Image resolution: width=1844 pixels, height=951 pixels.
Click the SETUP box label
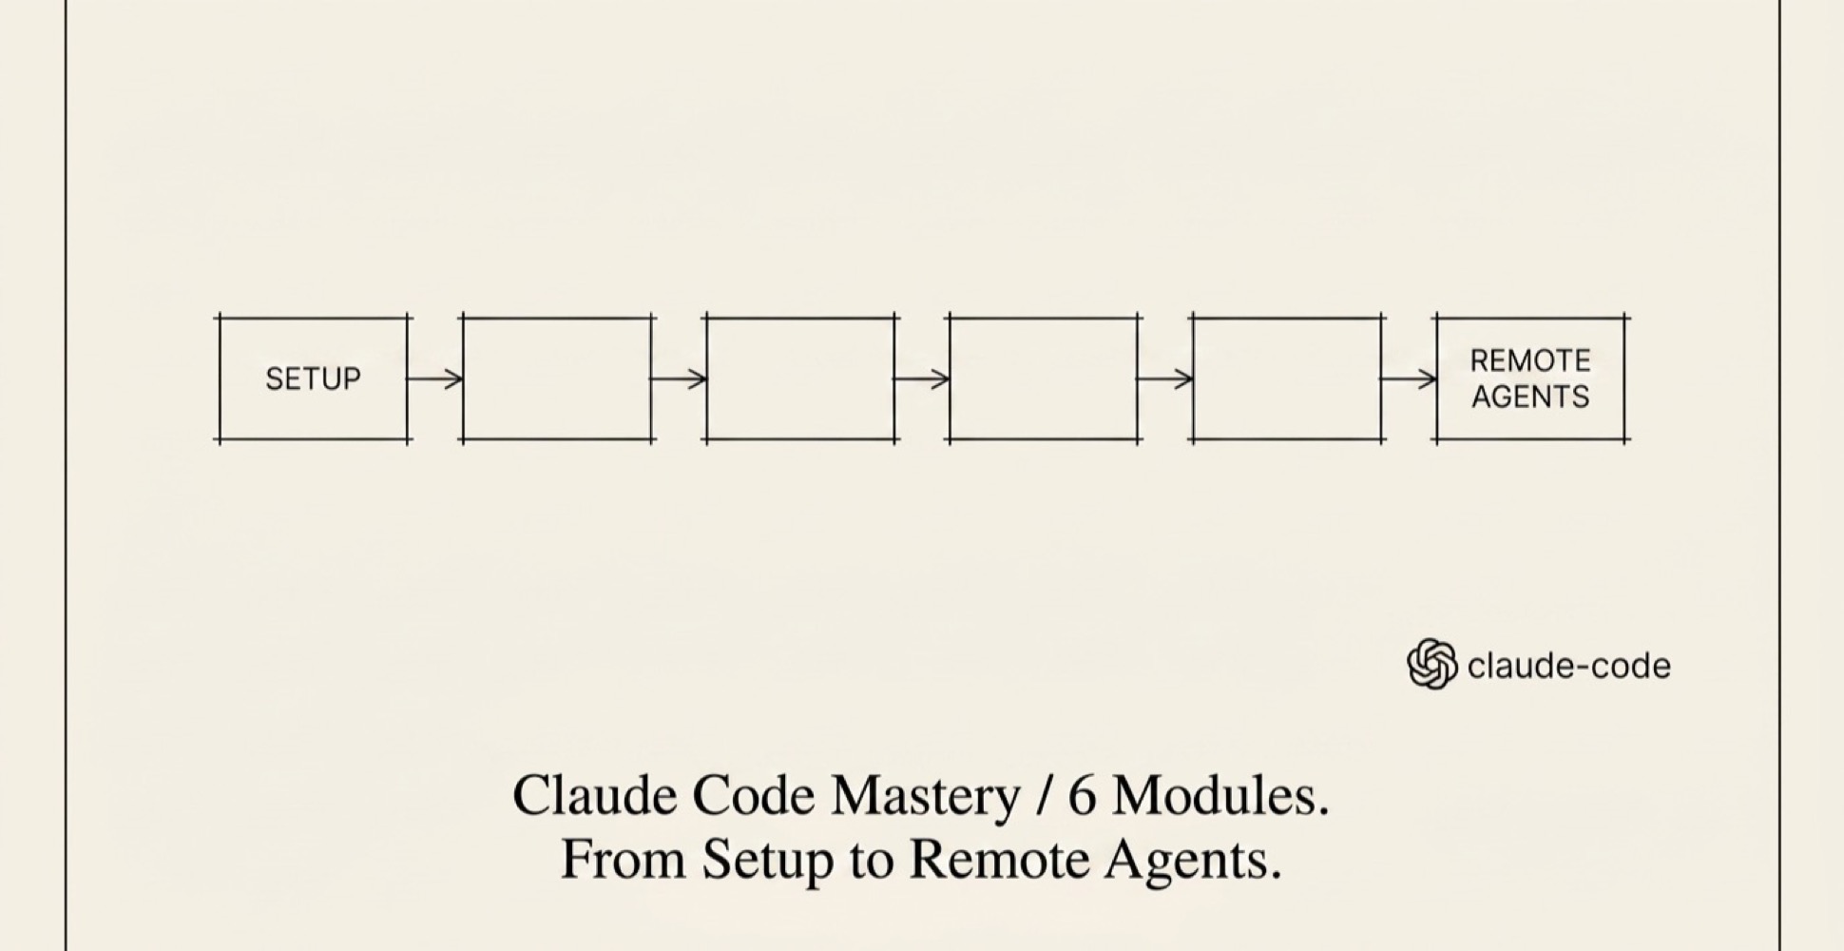pyautogui.click(x=313, y=379)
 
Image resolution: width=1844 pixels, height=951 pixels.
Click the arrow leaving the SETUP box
pyautogui.click(x=435, y=378)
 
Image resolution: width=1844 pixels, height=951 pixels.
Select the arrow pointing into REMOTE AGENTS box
pyautogui.click(x=1409, y=378)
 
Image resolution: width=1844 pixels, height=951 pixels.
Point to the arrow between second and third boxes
pyautogui.click(x=679, y=378)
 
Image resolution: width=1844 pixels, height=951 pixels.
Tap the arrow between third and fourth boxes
pyautogui.click(x=922, y=378)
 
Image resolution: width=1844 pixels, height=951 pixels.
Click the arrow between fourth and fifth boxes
pyautogui.click(x=1165, y=378)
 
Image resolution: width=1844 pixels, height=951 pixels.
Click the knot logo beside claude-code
pyautogui.click(x=1431, y=664)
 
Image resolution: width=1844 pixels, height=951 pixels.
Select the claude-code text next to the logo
pyautogui.click(x=1568, y=666)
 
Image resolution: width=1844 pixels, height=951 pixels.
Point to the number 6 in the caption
pyautogui.click(x=1082, y=795)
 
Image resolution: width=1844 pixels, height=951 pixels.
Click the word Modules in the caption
pyautogui.click(x=1220, y=795)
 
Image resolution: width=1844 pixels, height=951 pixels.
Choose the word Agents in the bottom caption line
pyautogui.click(x=1193, y=861)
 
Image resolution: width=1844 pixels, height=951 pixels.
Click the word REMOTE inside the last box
pyautogui.click(x=1530, y=360)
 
